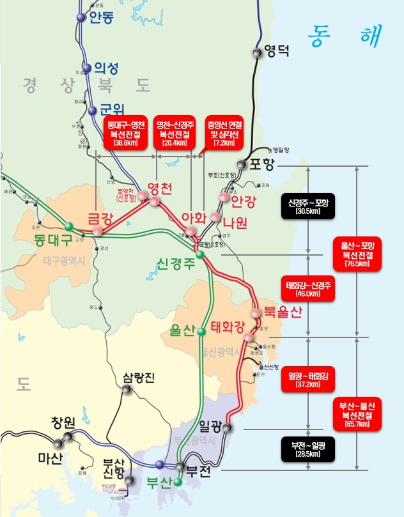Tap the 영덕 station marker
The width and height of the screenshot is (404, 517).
257,54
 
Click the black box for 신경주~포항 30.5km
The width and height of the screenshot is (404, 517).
309,206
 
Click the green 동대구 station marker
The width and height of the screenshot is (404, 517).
68,226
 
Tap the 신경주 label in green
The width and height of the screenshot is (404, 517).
177,265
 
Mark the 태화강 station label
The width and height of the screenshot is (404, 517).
228,328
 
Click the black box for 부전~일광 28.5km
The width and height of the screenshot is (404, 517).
309,448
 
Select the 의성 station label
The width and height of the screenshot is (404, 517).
107,67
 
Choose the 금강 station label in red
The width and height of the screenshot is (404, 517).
99,217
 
